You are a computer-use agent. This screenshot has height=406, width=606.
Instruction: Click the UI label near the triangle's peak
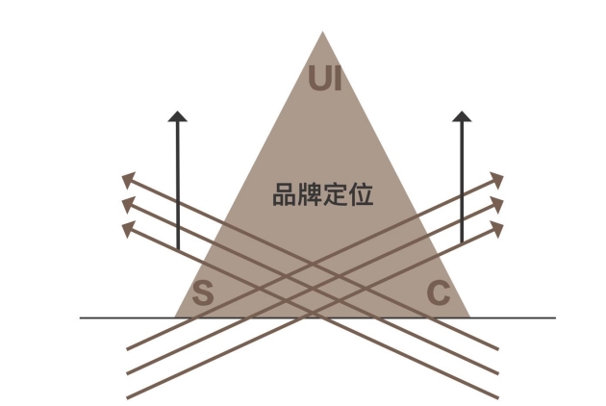click(325, 78)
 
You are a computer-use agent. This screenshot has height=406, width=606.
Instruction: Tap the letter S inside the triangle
click(203, 292)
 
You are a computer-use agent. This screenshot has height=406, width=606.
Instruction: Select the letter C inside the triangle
click(439, 292)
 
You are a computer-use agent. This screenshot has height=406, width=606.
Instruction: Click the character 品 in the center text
click(285, 194)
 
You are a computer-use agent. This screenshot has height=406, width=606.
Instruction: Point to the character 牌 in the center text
click(310, 194)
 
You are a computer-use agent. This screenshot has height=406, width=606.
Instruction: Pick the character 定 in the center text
click(335, 194)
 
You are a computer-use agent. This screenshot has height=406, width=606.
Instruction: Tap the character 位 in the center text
click(361, 194)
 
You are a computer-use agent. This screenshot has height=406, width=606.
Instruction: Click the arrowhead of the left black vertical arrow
click(177, 116)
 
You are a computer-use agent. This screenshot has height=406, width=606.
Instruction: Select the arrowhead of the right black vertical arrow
click(462, 116)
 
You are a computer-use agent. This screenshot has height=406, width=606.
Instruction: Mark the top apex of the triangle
click(322, 32)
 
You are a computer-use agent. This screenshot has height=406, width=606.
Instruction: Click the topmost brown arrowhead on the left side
click(128, 180)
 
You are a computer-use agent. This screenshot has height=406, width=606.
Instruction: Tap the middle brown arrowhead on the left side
click(128, 205)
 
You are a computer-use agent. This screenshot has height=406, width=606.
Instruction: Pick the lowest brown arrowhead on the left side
click(128, 229)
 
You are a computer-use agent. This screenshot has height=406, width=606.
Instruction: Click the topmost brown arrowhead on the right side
click(497, 180)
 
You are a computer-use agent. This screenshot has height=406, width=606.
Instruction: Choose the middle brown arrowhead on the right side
click(497, 205)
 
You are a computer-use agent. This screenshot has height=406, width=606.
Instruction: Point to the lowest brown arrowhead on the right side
click(497, 229)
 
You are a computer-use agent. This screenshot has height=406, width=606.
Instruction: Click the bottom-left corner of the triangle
click(175, 317)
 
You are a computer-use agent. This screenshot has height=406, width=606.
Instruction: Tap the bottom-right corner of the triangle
click(470, 317)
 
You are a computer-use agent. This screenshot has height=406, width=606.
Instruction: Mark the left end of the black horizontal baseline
click(81, 317)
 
